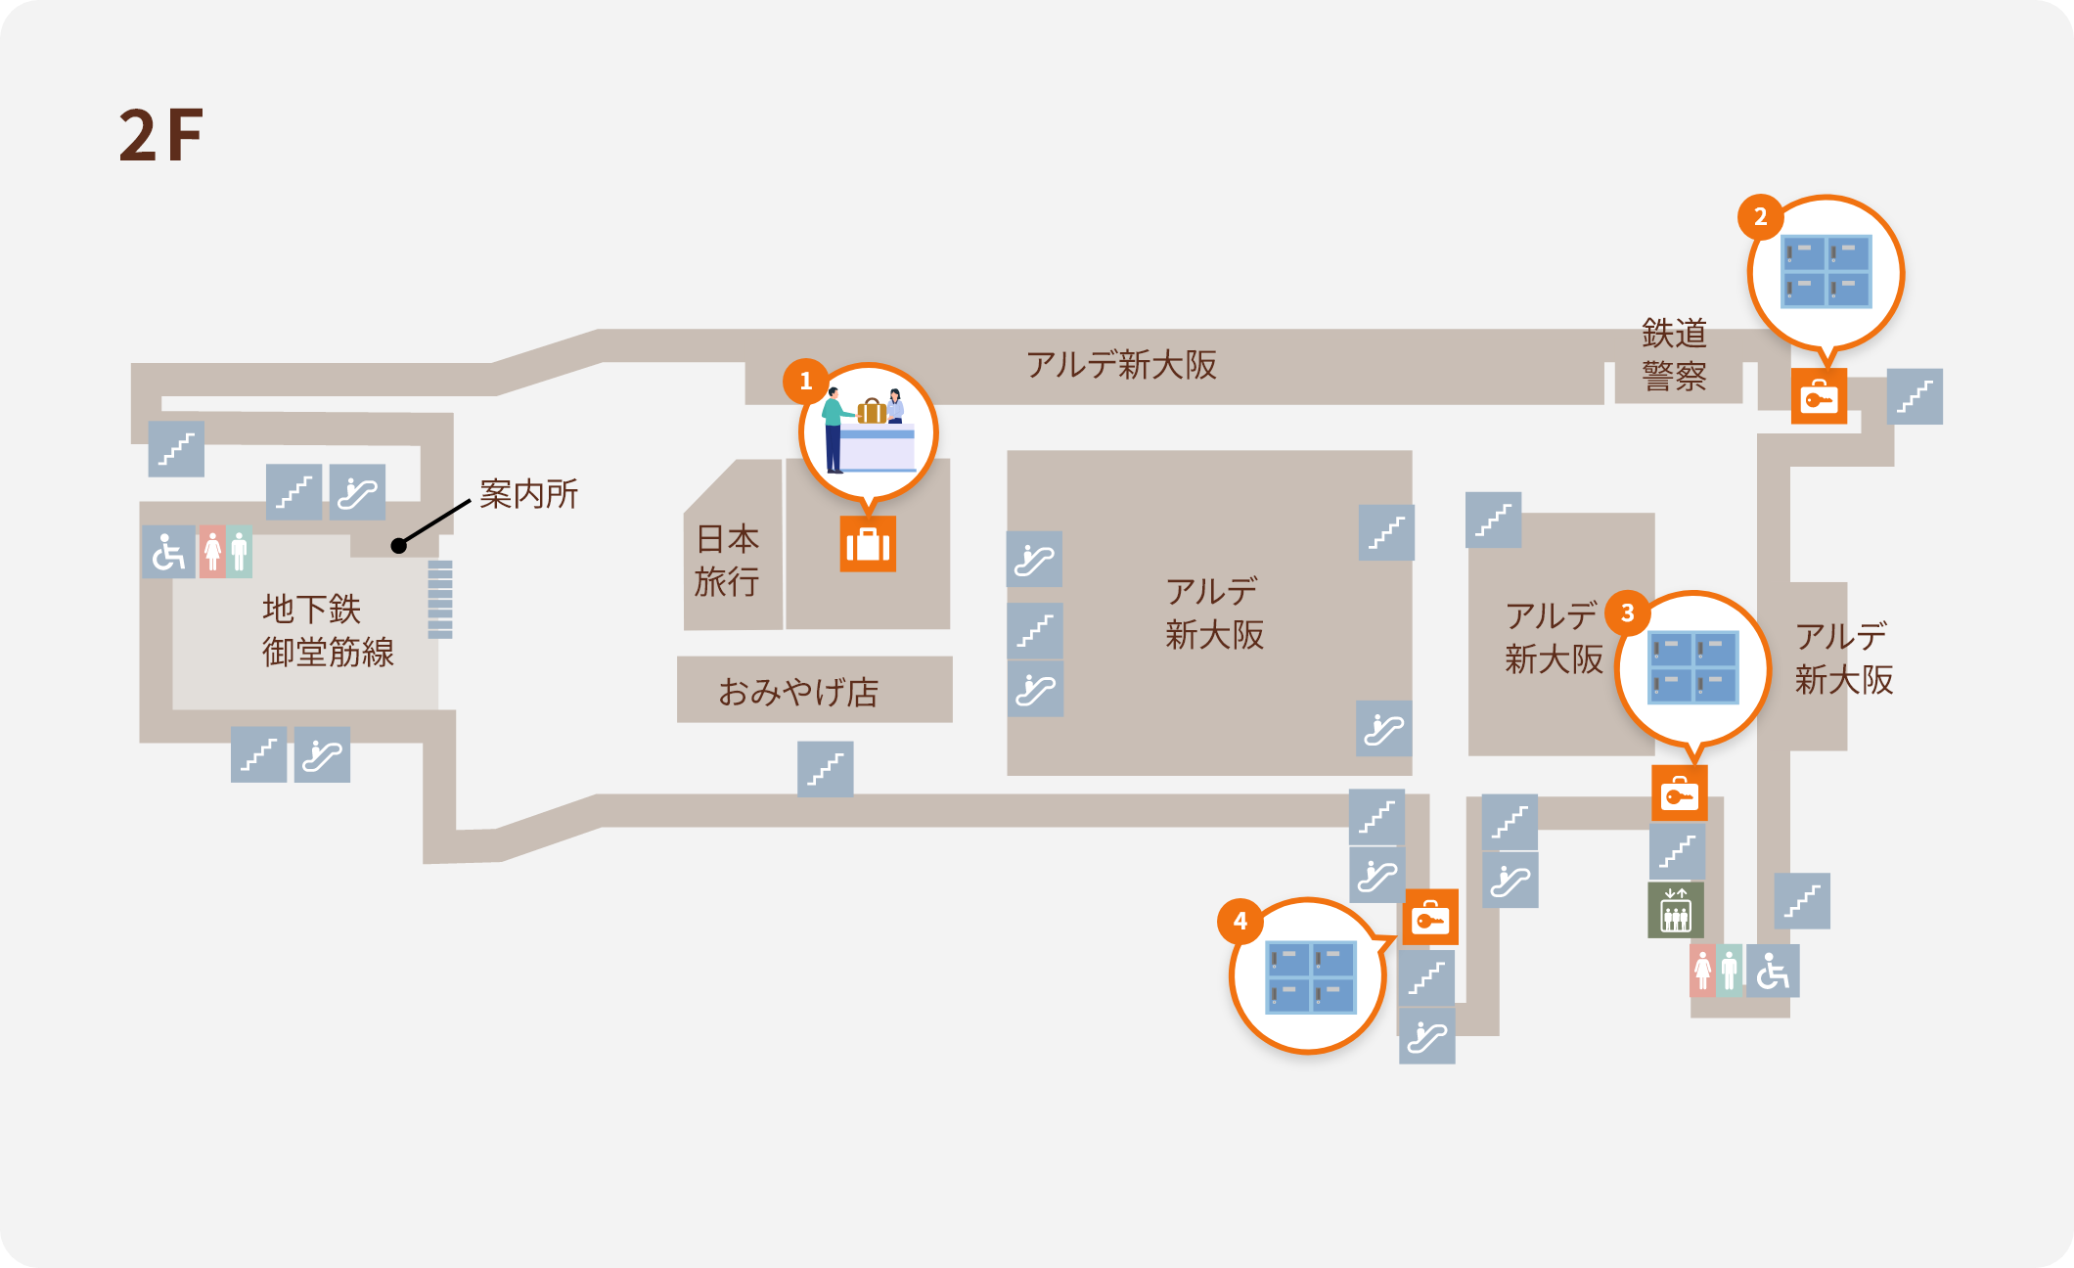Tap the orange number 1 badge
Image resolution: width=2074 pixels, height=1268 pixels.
coord(805,381)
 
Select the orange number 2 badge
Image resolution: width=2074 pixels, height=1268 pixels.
coord(1760,216)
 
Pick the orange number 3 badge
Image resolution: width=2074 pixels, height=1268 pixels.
coord(1627,612)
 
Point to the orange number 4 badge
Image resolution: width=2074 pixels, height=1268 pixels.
coord(1240,921)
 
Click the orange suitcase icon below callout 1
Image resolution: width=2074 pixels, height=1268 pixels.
coord(868,544)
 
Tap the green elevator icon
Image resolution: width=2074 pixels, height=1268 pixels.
coord(1676,910)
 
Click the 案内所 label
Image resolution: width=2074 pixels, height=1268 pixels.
coord(528,493)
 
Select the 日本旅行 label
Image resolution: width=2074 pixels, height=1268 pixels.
coord(727,560)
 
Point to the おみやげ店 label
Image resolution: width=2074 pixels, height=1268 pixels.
coord(798,692)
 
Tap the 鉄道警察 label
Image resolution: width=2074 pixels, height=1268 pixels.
coord(1674,354)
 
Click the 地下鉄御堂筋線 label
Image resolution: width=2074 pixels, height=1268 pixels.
coord(328,630)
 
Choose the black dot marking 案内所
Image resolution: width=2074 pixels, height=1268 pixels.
coord(398,546)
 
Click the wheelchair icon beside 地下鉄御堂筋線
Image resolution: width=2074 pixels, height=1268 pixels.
coord(169,552)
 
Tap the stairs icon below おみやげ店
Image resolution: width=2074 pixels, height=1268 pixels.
coord(825,769)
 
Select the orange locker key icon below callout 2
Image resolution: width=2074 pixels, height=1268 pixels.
coord(1819,396)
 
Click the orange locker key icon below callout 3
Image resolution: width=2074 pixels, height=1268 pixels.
coord(1680,792)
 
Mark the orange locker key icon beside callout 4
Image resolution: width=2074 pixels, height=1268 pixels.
coord(1430,917)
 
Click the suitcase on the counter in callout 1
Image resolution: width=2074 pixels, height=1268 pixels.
coord(871,410)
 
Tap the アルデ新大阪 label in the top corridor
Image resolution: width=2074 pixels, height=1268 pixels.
coord(1121,365)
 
